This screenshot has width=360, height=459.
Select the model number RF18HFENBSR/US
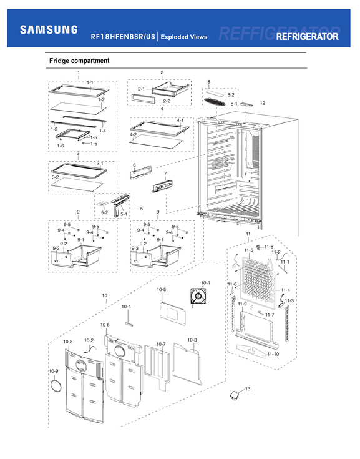coord(123,37)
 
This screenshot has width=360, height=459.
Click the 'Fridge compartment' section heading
coord(79,61)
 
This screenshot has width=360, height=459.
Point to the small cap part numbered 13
coord(234,395)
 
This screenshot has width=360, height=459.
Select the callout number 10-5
coord(161,290)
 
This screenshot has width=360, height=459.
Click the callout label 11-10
coord(273,354)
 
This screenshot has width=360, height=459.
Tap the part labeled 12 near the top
coord(247,107)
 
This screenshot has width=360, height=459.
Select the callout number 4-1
coord(180,120)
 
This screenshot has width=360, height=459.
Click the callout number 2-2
coord(166,101)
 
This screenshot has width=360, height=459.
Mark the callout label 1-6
coord(61,146)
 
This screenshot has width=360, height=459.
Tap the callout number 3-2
coord(56,177)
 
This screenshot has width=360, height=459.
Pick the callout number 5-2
coord(105,213)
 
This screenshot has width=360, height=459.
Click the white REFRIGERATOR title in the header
coord(307,37)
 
